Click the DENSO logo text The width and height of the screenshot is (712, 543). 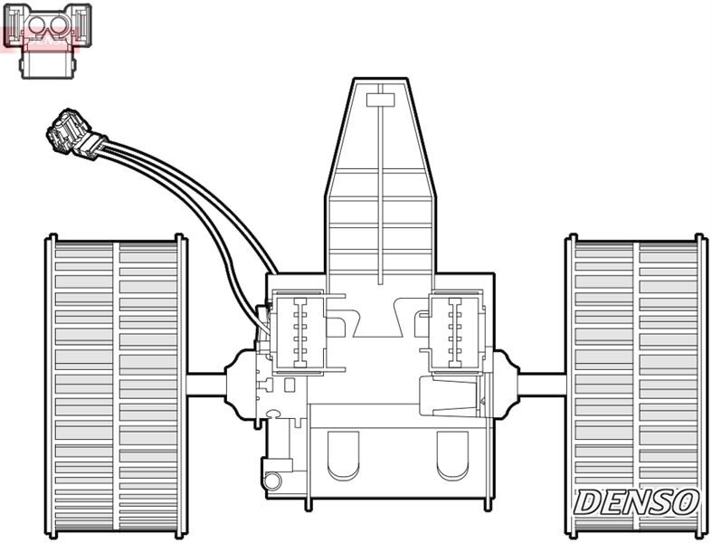point(637,502)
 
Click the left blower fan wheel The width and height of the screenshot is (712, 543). point(116,385)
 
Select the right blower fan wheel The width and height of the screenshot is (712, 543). point(636,385)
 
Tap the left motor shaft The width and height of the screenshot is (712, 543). point(206,384)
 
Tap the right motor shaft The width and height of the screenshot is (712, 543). point(543,384)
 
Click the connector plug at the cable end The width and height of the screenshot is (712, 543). point(72,135)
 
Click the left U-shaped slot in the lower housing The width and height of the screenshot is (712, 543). point(343,455)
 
